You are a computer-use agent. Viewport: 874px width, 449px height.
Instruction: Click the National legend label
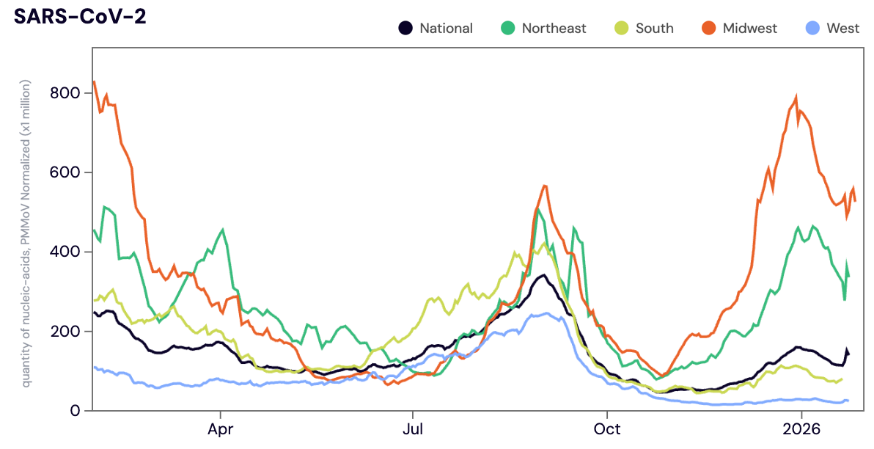[x=446, y=29]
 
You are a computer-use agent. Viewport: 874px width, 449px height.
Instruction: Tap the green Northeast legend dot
[x=507, y=29]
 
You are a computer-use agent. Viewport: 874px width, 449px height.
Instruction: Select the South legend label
[x=654, y=29]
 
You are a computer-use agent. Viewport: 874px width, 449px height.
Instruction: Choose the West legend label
[x=843, y=29]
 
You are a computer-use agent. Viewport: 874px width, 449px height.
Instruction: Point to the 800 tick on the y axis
[x=65, y=93]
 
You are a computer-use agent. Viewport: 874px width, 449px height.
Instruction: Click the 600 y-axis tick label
[x=65, y=172]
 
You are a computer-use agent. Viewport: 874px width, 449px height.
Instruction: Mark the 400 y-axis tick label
[x=65, y=252]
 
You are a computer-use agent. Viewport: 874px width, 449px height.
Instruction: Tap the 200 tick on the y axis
[x=65, y=331]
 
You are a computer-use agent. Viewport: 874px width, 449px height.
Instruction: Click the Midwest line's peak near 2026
[x=796, y=97]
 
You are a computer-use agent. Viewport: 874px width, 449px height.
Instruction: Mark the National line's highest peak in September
[x=543, y=275]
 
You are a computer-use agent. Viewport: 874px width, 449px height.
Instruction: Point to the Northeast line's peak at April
[x=223, y=230]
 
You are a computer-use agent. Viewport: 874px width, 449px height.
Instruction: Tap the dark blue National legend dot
[x=405, y=29]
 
